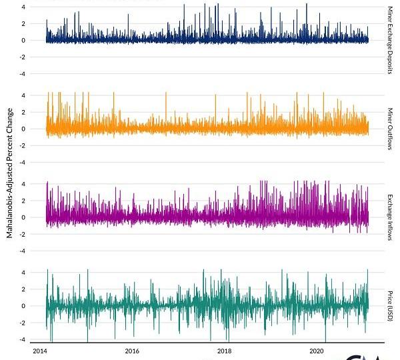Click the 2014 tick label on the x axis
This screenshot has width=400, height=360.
pyautogui.click(x=39, y=349)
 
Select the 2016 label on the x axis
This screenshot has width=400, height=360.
pyautogui.click(x=132, y=349)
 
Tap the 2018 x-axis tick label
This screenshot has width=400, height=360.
pyautogui.click(x=225, y=349)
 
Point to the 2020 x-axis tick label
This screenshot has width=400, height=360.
pyautogui.click(x=317, y=349)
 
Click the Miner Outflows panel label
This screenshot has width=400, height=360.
pyautogui.click(x=390, y=128)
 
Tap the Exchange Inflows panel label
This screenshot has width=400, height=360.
pyautogui.click(x=390, y=217)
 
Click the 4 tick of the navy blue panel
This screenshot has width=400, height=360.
pyautogui.click(x=24, y=7)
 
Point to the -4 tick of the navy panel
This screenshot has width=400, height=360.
pyautogui.click(x=23, y=73)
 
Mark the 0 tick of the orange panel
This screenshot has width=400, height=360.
pyautogui.click(x=24, y=129)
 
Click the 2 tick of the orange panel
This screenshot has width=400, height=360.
pyautogui.click(x=24, y=112)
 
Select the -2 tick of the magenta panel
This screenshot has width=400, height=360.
pyautogui.click(x=23, y=234)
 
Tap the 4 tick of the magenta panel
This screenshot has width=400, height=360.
pyautogui.click(x=24, y=184)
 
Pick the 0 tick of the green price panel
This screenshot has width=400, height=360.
pyautogui.click(x=24, y=306)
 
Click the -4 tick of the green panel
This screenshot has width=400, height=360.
pyautogui.click(x=23, y=339)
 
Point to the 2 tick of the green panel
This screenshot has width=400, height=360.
pyautogui.click(x=24, y=289)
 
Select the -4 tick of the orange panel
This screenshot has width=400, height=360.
pyautogui.click(x=23, y=162)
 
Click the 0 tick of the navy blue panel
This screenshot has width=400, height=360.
pyautogui.click(x=24, y=40)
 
